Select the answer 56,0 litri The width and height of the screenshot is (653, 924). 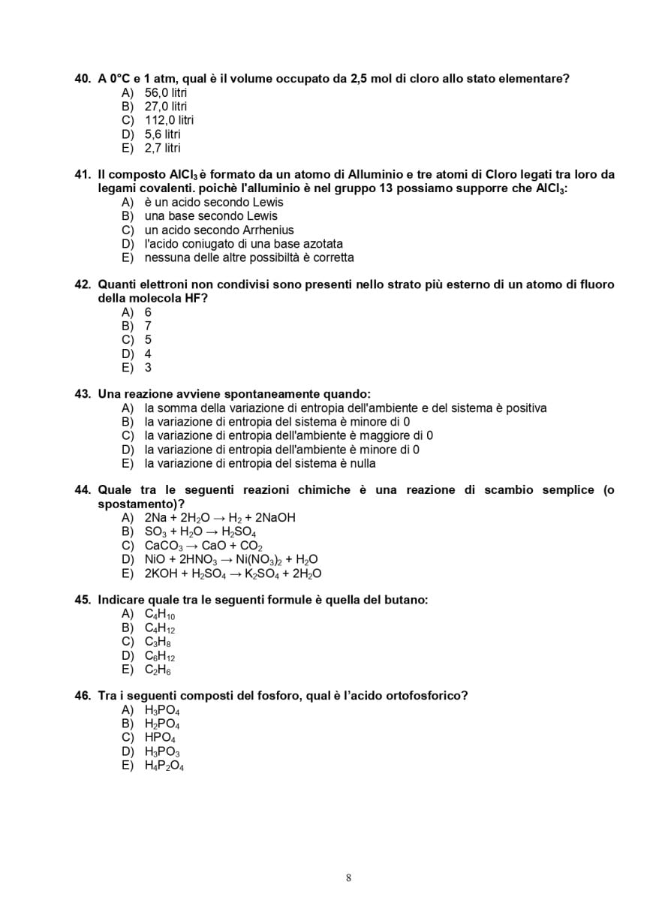[x=166, y=92]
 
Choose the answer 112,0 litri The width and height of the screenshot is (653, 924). [x=169, y=120]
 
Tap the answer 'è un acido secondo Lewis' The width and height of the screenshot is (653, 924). [x=214, y=203]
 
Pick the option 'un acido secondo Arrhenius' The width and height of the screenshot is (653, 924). [x=219, y=230]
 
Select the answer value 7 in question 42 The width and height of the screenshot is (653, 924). [x=148, y=326]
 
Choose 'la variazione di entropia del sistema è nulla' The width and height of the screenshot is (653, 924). [x=260, y=463]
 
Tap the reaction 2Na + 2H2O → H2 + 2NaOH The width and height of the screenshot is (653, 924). [x=220, y=518]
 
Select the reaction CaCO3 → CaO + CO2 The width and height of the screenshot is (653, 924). [x=203, y=546]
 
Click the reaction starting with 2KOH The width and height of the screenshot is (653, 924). [x=233, y=573]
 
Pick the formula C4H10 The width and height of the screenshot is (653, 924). [x=160, y=615]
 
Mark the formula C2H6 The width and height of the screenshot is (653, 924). [x=158, y=670]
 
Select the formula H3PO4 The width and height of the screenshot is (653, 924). [x=162, y=710]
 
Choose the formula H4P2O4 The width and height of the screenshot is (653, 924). [x=164, y=766]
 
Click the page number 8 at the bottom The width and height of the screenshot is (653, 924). [x=349, y=878]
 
